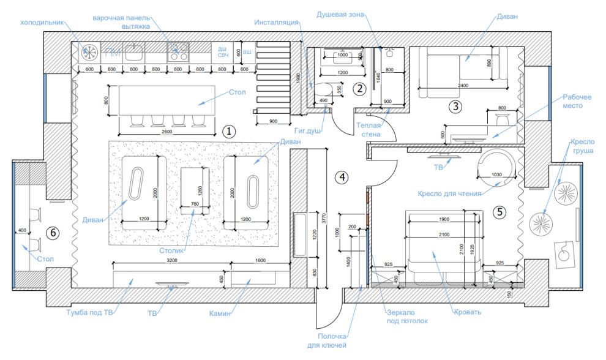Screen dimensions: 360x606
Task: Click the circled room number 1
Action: [x=228, y=131]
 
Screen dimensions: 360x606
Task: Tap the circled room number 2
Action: [x=360, y=88]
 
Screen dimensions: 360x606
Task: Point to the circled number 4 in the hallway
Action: [x=342, y=177]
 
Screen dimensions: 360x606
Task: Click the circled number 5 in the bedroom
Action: [x=500, y=212]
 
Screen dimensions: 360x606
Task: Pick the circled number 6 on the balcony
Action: [x=53, y=233]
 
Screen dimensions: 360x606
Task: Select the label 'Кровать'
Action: [x=468, y=312]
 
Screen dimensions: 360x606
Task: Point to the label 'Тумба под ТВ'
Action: [x=89, y=313]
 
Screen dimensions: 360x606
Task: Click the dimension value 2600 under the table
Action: [x=166, y=132]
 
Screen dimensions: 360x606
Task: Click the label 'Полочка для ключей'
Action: [x=333, y=340]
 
